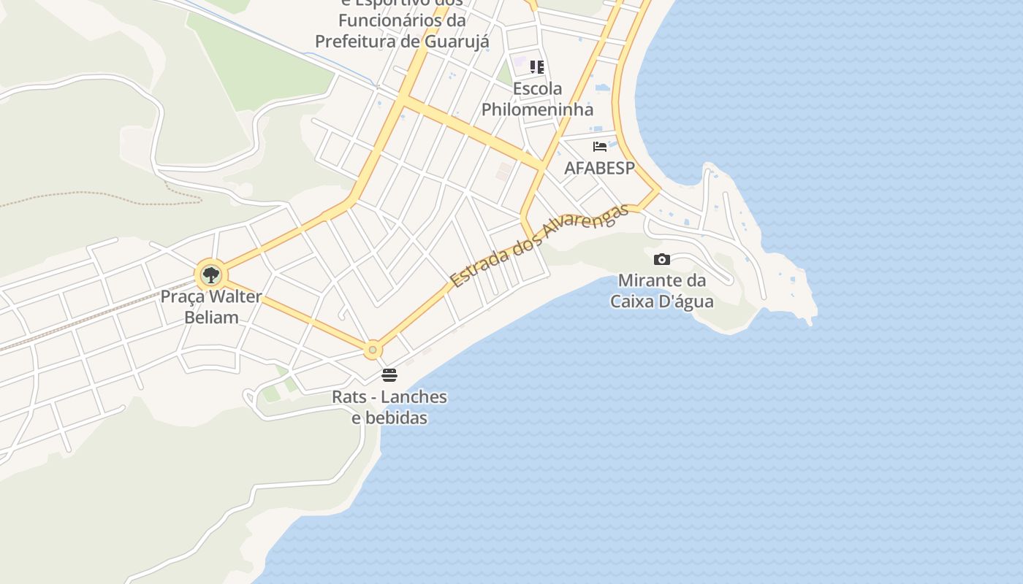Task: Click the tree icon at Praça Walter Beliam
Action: [x=211, y=276]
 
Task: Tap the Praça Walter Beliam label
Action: [x=211, y=307]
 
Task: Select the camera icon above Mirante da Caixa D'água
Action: [x=662, y=259]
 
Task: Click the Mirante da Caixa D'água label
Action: [x=662, y=291]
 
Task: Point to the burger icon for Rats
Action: [x=389, y=375]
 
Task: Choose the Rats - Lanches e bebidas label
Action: [x=389, y=407]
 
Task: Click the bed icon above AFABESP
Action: [x=600, y=146]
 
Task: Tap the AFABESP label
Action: [x=600, y=168]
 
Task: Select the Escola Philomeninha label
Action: [x=537, y=99]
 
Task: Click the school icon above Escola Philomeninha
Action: [x=537, y=67]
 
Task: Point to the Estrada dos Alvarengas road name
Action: [x=539, y=245]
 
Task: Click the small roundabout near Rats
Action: [x=373, y=350]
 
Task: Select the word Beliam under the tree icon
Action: [x=211, y=318]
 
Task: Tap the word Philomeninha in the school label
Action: [x=537, y=109]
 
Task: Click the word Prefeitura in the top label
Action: [x=355, y=41]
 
